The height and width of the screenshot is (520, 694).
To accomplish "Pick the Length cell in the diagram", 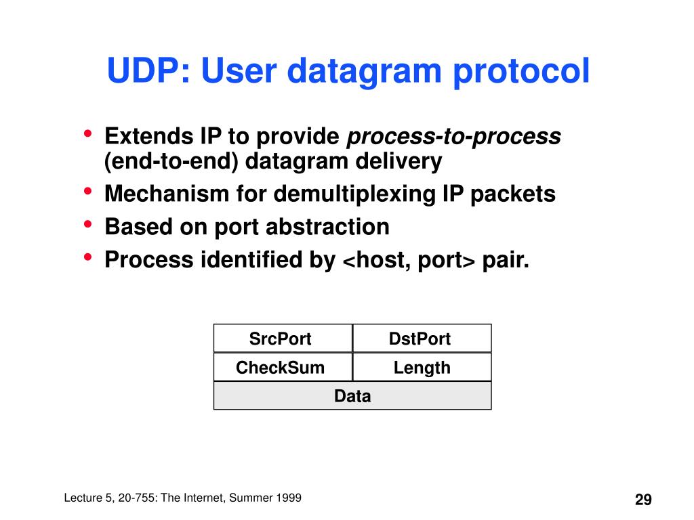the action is click(422, 368).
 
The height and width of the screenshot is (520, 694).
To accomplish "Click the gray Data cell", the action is click(352, 396).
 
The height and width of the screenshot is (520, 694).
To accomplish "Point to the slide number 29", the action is click(643, 500).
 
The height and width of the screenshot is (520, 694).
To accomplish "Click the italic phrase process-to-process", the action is click(454, 137).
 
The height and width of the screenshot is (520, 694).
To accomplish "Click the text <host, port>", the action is click(410, 259).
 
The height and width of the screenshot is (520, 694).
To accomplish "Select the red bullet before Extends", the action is click(88, 134).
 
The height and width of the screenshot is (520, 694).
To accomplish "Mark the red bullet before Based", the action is click(88, 224).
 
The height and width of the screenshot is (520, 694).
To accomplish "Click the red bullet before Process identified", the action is click(88, 257).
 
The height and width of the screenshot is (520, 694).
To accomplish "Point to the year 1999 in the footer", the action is click(288, 498).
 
